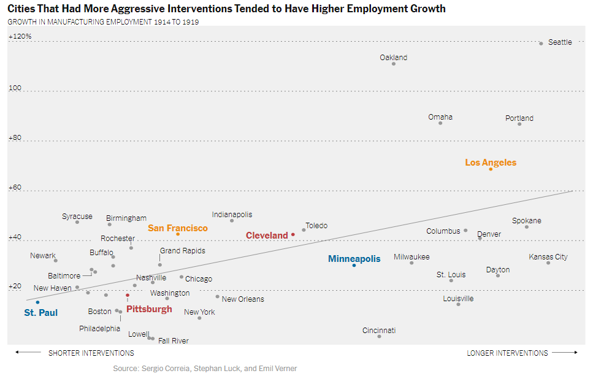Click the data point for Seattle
coord(541,44)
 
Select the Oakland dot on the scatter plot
coord(394,64)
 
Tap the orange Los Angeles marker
coord(491,169)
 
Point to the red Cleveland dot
coord(293,234)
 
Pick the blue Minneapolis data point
coord(354,265)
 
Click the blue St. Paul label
coord(40,313)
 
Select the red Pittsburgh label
coord(149,309)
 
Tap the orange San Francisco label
coord(177,228)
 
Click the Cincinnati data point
coord(379,336)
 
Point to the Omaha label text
coord(440,117)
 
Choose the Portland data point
coord(519,124)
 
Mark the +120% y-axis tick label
coord(20,37)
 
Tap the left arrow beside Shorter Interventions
coord(28,353)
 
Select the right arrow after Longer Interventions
coord(565,353)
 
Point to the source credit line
coord(205,369)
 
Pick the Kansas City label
coord(548,257)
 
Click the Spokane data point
coord(526,227)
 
